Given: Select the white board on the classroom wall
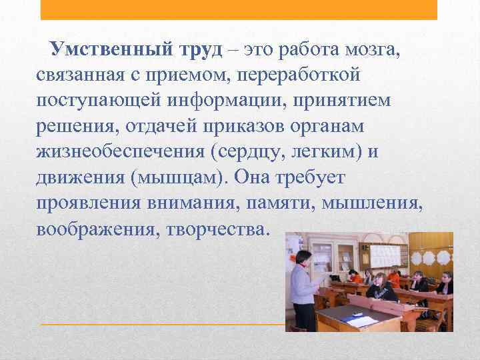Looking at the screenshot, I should tap(388, 254).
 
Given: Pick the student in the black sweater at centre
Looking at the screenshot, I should tap(383, 289).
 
